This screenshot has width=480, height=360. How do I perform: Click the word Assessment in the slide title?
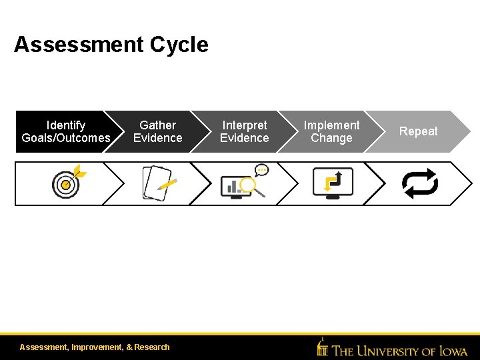(x=79, y=45)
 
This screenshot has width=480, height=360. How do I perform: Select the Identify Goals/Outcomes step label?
(x=66, y=131)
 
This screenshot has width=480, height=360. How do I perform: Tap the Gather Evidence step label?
(x=157, y=131)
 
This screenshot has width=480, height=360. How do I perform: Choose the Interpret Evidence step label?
(x=244, y=131)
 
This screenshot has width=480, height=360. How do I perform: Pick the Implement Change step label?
(x=331, y=131)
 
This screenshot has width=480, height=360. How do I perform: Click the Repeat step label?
(x=418, y=131)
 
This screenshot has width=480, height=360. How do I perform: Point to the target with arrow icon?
(x=68, y=183)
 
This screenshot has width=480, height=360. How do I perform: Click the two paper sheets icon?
(x=157, y=183)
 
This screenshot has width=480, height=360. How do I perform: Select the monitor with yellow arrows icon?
(x=333, y=183)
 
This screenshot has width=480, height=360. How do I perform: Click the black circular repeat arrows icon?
(x=420, y=183)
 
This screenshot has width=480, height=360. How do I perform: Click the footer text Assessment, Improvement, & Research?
(x=95, y=347)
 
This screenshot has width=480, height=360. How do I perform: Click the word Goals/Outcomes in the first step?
(x=66, y=138)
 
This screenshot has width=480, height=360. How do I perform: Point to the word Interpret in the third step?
(x=244, y=125)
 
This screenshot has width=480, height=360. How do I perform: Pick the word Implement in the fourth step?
(x=331, y=125)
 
